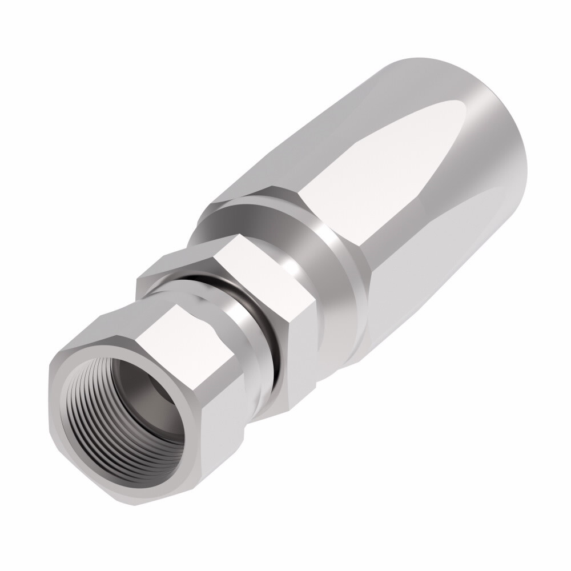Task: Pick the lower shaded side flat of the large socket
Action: (x=400, y=297)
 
